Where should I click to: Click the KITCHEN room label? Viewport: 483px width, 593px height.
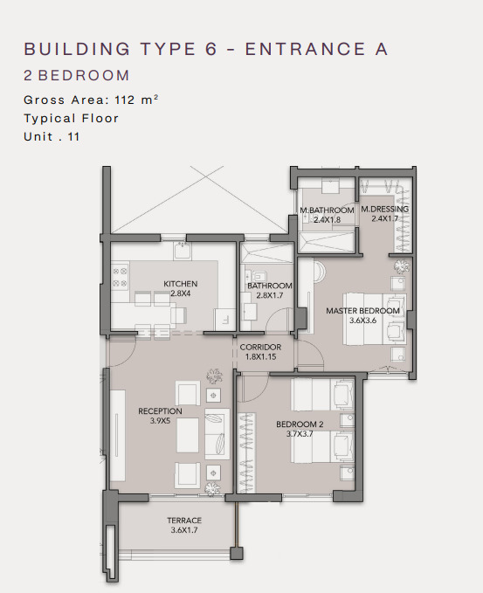click(x=181, y=284)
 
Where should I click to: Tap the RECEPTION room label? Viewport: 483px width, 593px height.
click(x=160, y=411)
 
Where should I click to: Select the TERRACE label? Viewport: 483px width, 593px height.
click(x=184, y=521)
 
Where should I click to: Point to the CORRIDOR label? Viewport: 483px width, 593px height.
click(x=260, y=348)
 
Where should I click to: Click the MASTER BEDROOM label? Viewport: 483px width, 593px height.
click(x=362, y=311)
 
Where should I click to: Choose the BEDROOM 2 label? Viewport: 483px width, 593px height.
click(x=300, y=424)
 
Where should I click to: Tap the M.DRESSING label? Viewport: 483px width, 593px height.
click(x=384, y=209)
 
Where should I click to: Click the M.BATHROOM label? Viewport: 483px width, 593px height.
click(x=327, y=210)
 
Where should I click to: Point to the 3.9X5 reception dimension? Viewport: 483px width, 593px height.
click(x=160, y=421)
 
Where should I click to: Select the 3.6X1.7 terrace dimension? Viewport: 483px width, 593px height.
click(x=184, y=530)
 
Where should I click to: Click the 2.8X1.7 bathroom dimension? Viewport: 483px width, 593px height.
click(x=270, y=295)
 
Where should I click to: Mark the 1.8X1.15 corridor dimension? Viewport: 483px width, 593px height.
click(x=260, y=356)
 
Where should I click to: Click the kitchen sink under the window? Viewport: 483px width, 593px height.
click(x=183, y=251)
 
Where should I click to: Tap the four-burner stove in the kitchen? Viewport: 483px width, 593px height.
click(x=121, y=277)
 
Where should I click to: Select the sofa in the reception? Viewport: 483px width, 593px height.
click(x=217, y=434)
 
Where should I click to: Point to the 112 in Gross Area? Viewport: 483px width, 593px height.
click(x=125, y=100)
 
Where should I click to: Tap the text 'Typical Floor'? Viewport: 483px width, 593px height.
click(x=71, y=119)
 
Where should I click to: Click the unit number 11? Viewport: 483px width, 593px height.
click(x=73, y=136)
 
